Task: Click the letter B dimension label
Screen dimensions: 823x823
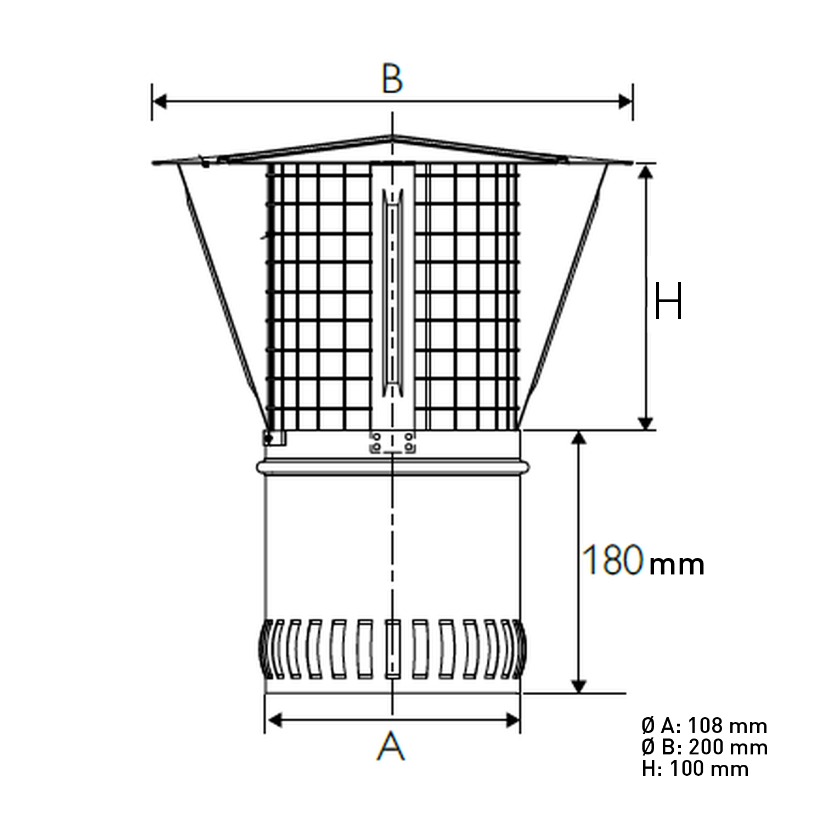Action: (392, 79)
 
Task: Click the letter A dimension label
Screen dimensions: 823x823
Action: (391, 747)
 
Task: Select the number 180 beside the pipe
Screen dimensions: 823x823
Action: (612, 560)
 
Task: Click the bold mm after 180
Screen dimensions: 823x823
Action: (676, 565)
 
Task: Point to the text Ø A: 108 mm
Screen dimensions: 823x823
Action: (704, 726)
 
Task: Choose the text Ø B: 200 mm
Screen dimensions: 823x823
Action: (704, 747)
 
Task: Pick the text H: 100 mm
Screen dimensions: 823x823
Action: (695, 769)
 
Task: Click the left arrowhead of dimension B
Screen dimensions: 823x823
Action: (159, 102)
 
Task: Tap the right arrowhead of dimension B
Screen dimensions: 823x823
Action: (625, 102)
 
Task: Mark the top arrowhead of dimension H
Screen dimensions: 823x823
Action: (646, 172)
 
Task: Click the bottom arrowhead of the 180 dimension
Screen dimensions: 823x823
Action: (579, 686)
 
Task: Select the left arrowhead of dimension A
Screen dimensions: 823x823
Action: (273, 720)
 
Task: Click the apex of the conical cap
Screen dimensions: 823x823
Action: (392, 136)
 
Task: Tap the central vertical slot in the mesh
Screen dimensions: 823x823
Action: (392, 294)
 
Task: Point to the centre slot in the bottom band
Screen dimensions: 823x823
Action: (392, 650)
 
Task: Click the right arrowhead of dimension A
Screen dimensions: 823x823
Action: (512, 720)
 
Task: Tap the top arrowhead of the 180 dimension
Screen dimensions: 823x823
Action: (579, 438)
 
